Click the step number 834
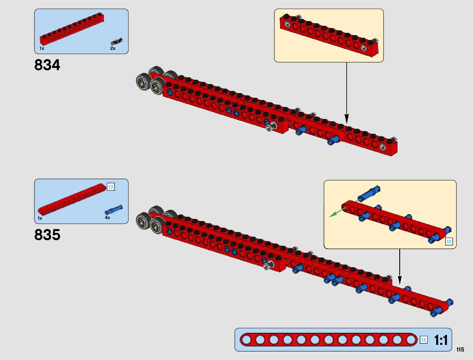47,65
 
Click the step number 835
47,235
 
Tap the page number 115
460,350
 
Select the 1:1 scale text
441,340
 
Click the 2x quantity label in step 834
113,48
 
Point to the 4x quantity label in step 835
108,218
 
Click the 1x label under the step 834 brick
42,48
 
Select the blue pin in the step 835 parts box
114,209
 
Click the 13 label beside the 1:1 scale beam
423,340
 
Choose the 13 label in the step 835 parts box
111,187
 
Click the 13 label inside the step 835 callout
449,242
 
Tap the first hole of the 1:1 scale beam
247,340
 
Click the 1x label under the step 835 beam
40,218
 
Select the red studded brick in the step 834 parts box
72,30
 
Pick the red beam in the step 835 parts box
73,198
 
